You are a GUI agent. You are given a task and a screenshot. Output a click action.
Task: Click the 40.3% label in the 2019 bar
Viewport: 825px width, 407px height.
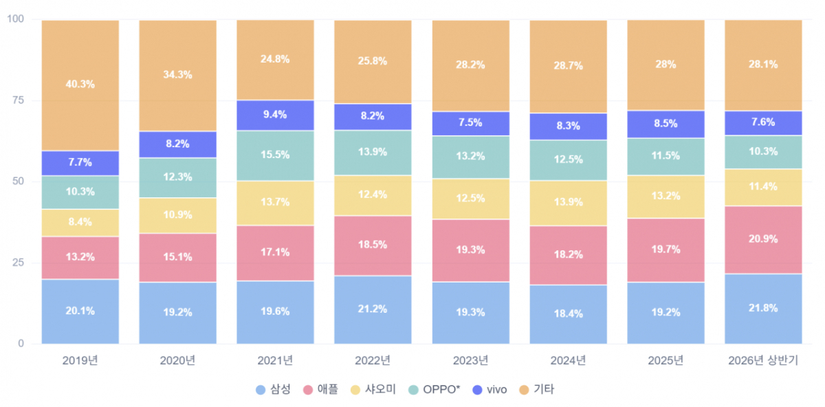pyautogui.click(x=80, y=85)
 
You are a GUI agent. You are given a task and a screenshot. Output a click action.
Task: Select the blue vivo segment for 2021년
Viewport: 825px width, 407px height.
pyautogui.click(x=275, y=115)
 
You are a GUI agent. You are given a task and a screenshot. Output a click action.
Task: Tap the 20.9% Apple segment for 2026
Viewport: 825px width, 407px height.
pyautogui.click(x=763, y=240)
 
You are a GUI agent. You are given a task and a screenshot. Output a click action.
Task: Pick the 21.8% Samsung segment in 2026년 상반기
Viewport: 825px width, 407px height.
pyautogui.click(x=763, y=309)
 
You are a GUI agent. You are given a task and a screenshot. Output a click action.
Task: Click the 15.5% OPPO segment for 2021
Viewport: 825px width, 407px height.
pyautogui.click(x=275, y=155)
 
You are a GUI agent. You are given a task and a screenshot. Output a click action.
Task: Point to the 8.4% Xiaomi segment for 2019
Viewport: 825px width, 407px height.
pyautogui.click(x=80, y=223)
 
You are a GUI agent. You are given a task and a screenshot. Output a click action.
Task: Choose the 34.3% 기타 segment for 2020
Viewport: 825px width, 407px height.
pyautogui.click(x=177, y=76)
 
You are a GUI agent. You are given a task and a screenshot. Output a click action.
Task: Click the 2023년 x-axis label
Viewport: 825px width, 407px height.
pyautogui.click(x=470, y=360)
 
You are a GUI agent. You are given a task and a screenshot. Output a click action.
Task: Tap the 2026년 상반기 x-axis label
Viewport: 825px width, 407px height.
pyautogui.click(x=763, y=360)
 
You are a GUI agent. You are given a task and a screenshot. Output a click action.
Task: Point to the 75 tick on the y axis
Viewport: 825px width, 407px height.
pyautogui.click(x=18, y=100)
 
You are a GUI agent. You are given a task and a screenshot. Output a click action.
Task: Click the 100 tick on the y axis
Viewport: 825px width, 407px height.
pyautogui.click(x=15, y=19)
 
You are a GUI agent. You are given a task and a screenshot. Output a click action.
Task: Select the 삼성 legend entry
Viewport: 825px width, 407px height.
pyautogui.click(x=274, y=389)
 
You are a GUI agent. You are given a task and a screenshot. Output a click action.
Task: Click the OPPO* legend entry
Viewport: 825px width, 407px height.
pyautogui.click(x=434, y=389)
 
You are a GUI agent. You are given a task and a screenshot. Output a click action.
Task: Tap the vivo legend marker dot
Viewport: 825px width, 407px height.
pyautogui.click(x=477, y=390)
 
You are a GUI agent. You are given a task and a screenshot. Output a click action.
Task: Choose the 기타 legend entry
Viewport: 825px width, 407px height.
pyautogui.click(x=536, y=389)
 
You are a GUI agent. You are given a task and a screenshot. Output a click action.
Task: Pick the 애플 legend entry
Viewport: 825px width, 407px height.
pyautogui.click(x=320, y=389)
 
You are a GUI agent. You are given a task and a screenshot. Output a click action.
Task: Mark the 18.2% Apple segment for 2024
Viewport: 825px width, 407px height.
pyautogui.click(x=569, y=255)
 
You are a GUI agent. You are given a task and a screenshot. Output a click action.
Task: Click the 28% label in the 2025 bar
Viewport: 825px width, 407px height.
pyautogui.click(x=665, y=65)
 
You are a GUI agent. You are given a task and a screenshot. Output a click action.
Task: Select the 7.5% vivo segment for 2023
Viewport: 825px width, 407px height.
pyautogui.click(x=471, y=124)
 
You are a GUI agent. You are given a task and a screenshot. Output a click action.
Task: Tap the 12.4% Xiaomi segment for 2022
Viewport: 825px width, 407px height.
pyautogui.click(x=373, y=195)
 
